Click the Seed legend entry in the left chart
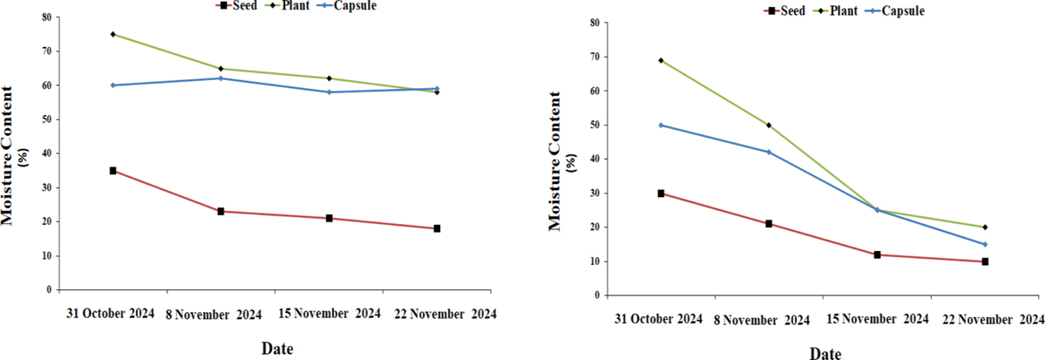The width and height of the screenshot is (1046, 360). [x=241, y=6]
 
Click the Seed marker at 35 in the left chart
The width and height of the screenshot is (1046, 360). [x=112, y=171]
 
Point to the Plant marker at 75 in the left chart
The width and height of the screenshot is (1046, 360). [x=112, y=34]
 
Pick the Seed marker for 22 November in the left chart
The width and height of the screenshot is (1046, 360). [x=437, y=228]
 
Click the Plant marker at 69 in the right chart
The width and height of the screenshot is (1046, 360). [x=661, y=60]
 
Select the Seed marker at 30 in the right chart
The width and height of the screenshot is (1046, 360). [x=661, y=194]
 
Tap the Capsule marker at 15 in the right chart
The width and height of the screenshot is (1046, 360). [x=985, y=244]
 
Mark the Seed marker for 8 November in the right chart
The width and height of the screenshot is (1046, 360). [x=769, y=224]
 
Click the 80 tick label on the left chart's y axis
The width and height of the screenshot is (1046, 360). [x=46, y=17]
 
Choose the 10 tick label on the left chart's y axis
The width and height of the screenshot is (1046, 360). [x=46, y=256]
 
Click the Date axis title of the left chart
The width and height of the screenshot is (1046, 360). [x=277, y=349]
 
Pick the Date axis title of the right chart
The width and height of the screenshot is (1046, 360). [x=824, y=353]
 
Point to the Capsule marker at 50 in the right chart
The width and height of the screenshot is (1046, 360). [x=661, y=125]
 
